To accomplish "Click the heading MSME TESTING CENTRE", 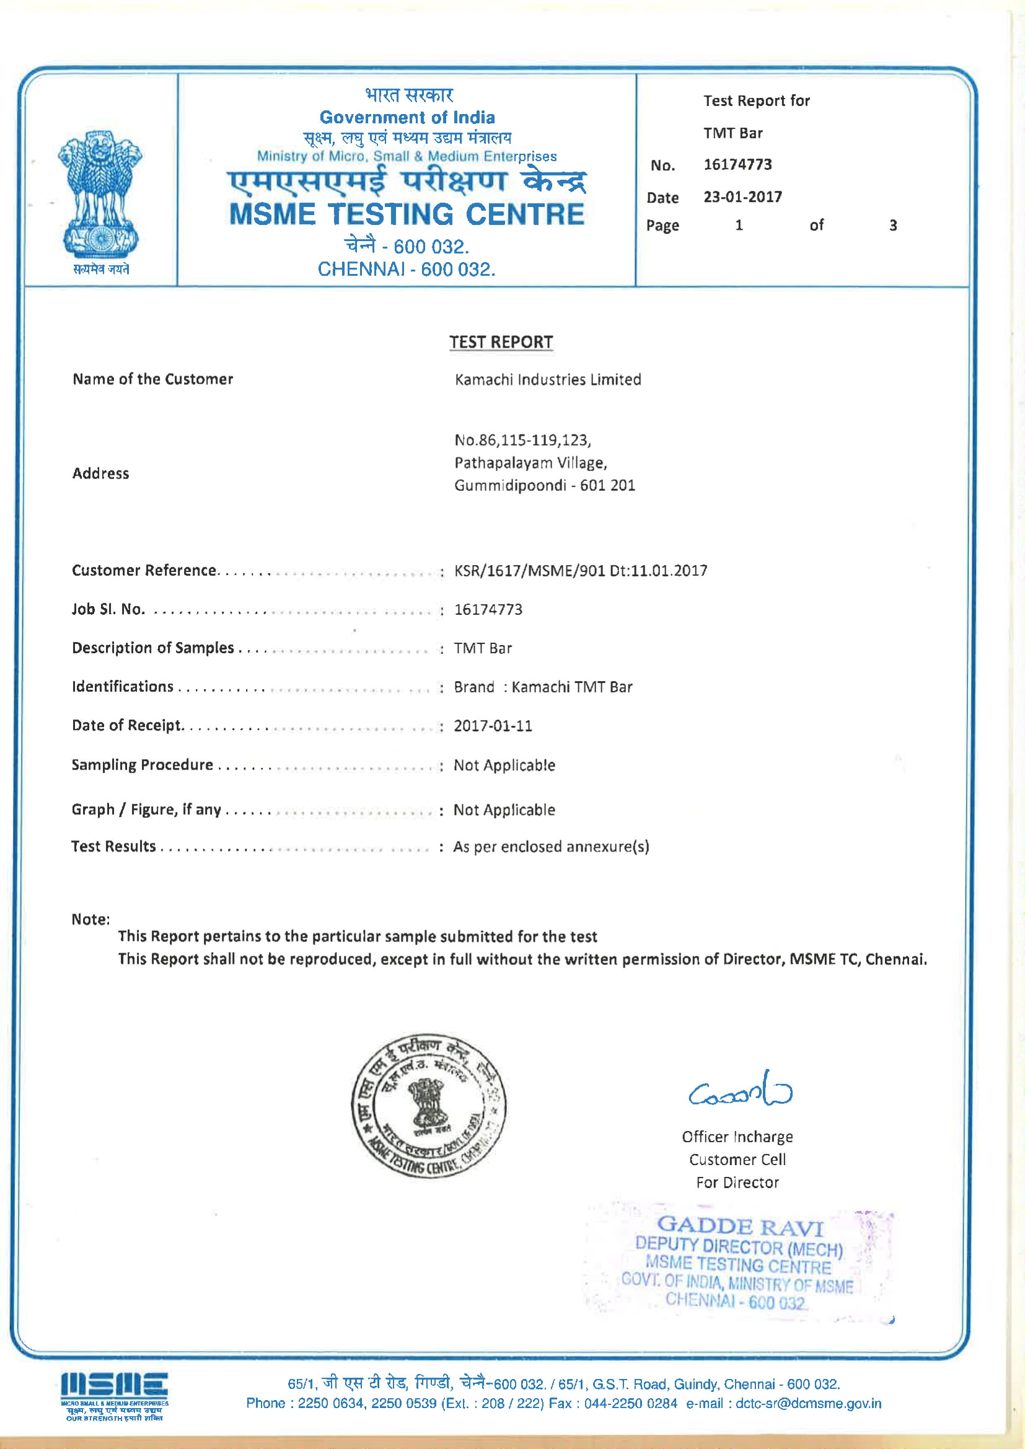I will [x=407, y=214].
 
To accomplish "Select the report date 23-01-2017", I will [x=742, y=197].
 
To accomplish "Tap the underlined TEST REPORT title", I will [x=501, y=342].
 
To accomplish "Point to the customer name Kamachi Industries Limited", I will [x=547, y=379].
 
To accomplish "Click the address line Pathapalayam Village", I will [x=530, y=462].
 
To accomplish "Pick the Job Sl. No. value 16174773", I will [x=488, y=610].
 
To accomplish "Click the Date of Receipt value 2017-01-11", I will [x=492, y=726].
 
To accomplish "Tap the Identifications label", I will [x=123, y=687].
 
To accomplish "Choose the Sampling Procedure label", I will [x=142, y=765].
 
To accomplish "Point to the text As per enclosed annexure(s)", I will [x=550, y=847].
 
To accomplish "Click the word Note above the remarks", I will [x=90, y=920].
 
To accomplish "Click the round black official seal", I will [x=429, y=1106].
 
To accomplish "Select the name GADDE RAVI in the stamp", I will [x=740, y=1227].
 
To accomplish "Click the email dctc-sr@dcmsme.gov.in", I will [x=808, y=1404].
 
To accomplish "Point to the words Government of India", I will [x=407, y=117].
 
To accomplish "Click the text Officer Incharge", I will [x=737, y=1137].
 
